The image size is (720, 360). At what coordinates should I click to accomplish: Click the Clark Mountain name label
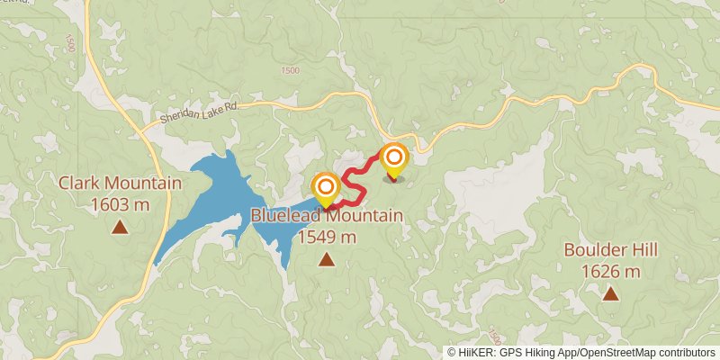coord(120,184)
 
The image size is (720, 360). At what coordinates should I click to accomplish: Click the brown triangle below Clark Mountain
coord(120,227)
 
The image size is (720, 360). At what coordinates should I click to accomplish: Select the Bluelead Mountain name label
coord(326,216)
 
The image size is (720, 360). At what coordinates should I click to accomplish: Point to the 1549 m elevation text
coord(326,238)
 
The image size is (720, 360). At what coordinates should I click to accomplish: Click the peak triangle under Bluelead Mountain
coord(326,260)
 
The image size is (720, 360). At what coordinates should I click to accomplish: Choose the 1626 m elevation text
coord(610,271)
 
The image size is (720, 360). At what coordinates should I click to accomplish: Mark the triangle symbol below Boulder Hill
coord(610,293)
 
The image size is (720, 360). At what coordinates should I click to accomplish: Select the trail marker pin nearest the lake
coord(325,187)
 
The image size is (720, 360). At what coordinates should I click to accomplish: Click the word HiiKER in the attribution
coord(475,352)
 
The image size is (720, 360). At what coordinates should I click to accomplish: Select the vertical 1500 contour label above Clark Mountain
coord(70,45)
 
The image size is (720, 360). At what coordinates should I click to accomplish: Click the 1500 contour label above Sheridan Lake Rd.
coord(290,70)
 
